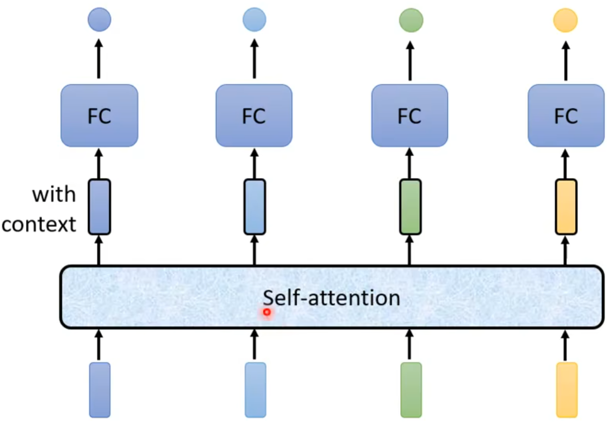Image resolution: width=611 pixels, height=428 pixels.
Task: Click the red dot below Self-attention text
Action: tap(267, 312)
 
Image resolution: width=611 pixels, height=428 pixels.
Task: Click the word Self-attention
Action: tap(331, 298)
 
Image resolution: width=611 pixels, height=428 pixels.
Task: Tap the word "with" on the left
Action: tap(54, 195)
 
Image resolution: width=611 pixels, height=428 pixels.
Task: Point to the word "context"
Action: tap(39, 224)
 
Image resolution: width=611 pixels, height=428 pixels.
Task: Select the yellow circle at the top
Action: tap(565, 20)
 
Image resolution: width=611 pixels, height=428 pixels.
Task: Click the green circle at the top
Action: tap(411, 20)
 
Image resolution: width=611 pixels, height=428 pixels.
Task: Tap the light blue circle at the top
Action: tap(254, 20)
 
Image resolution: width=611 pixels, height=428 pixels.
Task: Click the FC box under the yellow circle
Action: tap(566, 115)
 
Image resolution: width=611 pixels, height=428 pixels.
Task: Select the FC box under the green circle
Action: tap(410, 115)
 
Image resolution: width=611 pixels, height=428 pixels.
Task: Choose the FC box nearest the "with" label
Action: tap(99, 115)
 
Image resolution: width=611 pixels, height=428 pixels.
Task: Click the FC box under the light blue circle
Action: tap(254, 115)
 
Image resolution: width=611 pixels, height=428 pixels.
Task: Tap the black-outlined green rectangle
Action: tap(410, 207)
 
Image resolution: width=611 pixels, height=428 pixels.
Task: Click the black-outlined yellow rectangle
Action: tap(566, 207)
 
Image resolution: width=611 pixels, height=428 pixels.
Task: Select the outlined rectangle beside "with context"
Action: tap(99, 207)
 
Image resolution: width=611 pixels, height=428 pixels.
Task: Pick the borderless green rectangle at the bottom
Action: tap(411, 390)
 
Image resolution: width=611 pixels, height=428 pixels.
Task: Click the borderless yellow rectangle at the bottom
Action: tap(567, 390)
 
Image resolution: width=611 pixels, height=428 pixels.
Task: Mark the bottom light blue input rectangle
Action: tap(255, 390)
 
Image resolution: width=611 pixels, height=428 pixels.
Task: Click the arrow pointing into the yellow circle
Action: tap(565, 60)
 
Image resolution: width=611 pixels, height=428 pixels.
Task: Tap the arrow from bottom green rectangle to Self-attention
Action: tap(409, 344)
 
